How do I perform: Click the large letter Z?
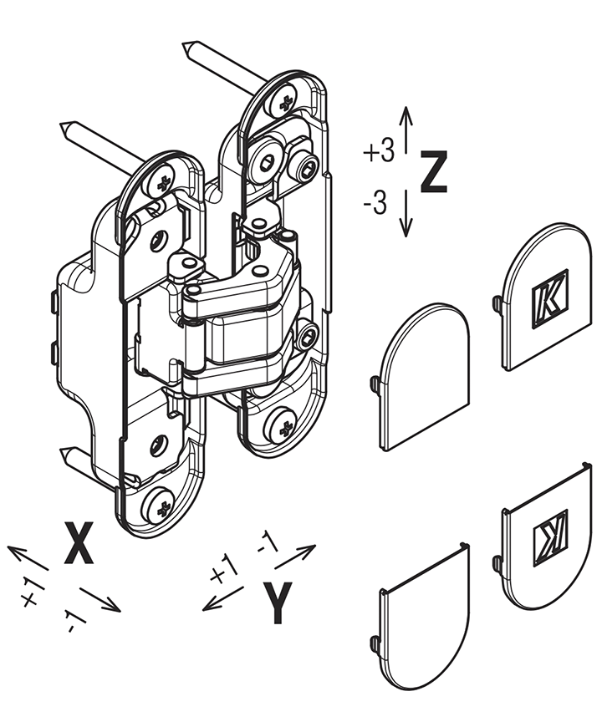(x=433, y=171)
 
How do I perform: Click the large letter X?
(x=79, y=542)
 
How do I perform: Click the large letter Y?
(x=277, y=603)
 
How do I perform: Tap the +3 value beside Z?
(x=379, y=151)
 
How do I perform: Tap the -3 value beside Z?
(x=375, y=203)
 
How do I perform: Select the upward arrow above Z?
(x=406, y=130)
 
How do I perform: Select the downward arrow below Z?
(x=406, y=213)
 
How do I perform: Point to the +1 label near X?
(x=33, y=592)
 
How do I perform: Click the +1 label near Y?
(x=223, y=570)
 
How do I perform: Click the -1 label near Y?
(x=268, y=541)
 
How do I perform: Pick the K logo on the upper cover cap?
(x=550, y=299)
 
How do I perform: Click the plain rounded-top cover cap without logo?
(x=424, y=378)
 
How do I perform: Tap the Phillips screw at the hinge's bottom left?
(x=161, y=505)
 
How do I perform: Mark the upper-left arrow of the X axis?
(x=28, y=557)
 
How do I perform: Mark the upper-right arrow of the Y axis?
(x=295, y=557)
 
